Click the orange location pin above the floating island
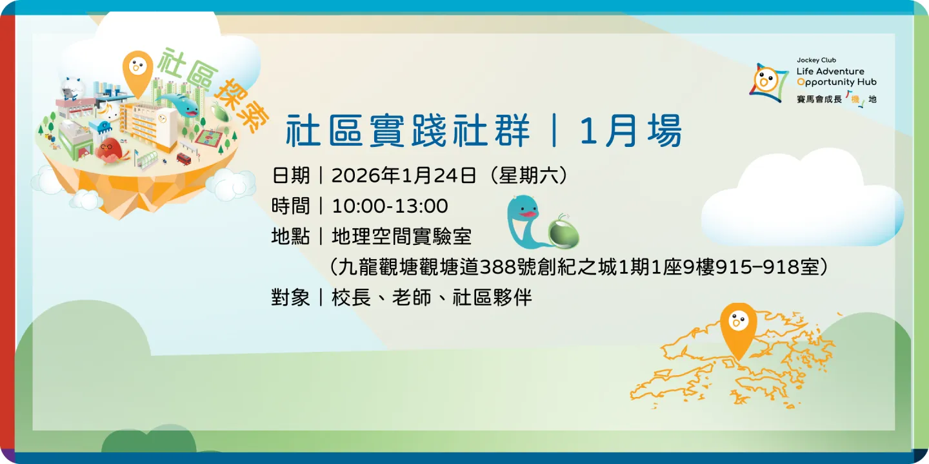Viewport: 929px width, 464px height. coord(137,70)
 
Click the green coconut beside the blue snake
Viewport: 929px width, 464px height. coord(563,232)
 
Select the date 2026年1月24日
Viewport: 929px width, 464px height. coord(404,175)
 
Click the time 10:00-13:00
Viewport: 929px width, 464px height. coord(390,206)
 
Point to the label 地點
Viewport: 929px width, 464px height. coord(290,237)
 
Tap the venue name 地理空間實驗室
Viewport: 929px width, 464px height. coord(401,237)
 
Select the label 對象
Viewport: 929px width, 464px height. coord(290,298)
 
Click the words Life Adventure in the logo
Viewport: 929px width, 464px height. coord(830,71)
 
